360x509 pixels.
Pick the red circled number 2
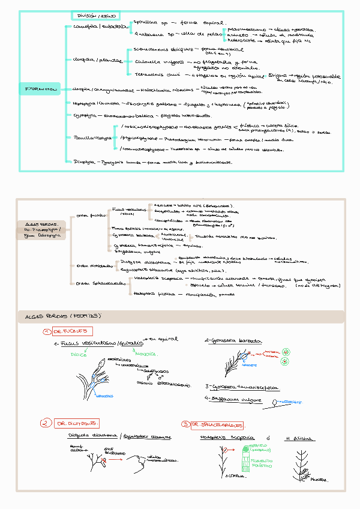pos(44,423)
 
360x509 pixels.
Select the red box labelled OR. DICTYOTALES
pos(77,423)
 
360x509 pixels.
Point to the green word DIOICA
pos(79,355)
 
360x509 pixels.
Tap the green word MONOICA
pos(145,354)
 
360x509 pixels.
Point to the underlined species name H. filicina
pos(299,438)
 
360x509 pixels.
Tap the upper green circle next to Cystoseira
pos(287,351)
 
